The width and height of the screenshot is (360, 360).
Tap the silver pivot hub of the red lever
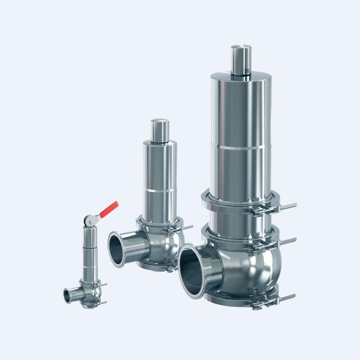(x=89, y=219)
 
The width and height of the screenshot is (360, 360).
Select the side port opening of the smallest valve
(x=67, y=297)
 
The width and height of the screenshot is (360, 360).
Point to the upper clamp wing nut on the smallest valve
(x=103, y=285)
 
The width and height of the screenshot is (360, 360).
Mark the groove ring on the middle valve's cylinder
(x=159, y=191)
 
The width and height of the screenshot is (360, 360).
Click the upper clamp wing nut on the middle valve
(x=187, y=227)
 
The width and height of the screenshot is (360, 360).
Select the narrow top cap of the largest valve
(x=241, y=59)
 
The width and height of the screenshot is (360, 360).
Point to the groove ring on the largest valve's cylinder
(x=241, y=147)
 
